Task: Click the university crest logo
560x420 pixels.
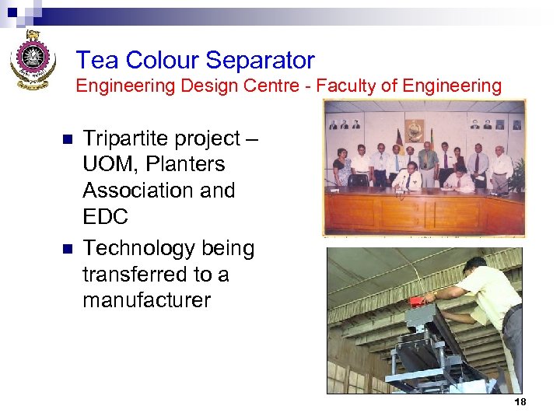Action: coord(31,59)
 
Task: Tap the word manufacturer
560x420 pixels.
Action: coord(147,300)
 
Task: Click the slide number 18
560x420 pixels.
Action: coord(520,401)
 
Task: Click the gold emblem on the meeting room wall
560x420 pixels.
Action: coord(415,128)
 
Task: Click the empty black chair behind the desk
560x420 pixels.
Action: coord(359,180)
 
